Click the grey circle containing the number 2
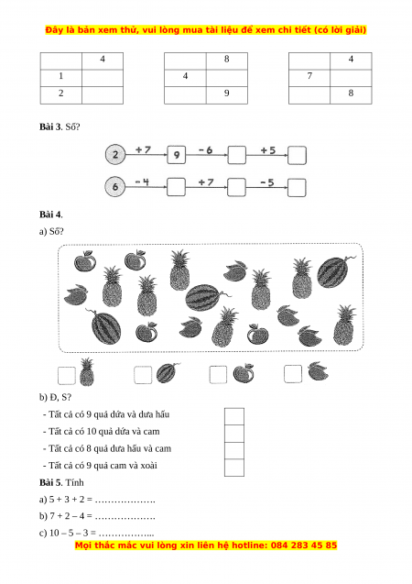tap(115, 155)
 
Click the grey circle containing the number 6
tap(115, 187)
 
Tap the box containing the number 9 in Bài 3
tap(177, 155)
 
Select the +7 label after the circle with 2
tap(143, 149)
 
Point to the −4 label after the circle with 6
tap(142, 182)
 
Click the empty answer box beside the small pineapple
tap(67, 375)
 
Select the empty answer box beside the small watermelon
tap(143, 375)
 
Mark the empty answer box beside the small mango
tap(293, 374)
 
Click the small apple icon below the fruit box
tap(244, 373)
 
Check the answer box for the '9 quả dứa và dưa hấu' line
tap(234, 416)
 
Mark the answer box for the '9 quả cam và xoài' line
tap(234, 468)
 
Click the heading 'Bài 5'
tap(50, 482)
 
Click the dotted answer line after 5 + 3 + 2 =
tap(125, 501)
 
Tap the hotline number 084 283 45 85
tap(304, 545)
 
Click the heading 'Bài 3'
tap(50, 127)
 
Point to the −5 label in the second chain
tap(267, 182)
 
